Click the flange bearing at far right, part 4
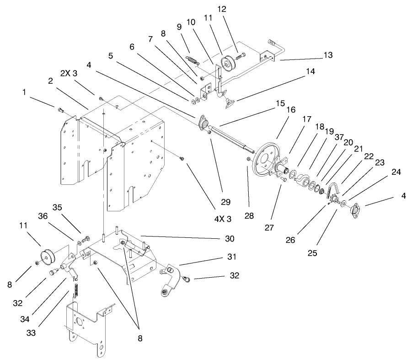355,210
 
